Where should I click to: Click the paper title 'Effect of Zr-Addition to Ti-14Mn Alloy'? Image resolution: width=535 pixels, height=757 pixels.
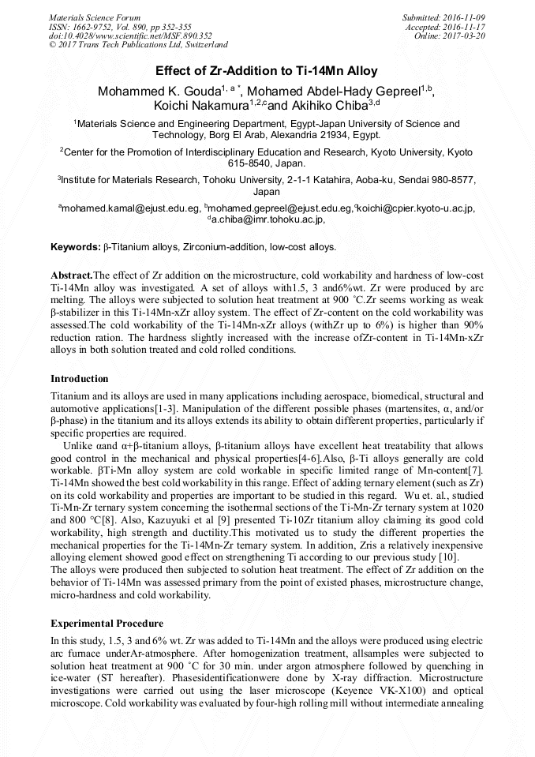(x=267, y=70)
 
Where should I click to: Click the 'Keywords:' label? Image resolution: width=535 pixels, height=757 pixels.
(x=75, y=247)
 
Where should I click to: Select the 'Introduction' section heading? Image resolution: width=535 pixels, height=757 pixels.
(x=79, y=379)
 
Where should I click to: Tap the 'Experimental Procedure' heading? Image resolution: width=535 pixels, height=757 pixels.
(x=107, y=624)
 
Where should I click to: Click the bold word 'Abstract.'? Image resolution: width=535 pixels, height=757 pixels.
(x=72, y=275)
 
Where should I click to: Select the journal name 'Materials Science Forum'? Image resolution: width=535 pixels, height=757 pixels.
(x=95, y=17)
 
